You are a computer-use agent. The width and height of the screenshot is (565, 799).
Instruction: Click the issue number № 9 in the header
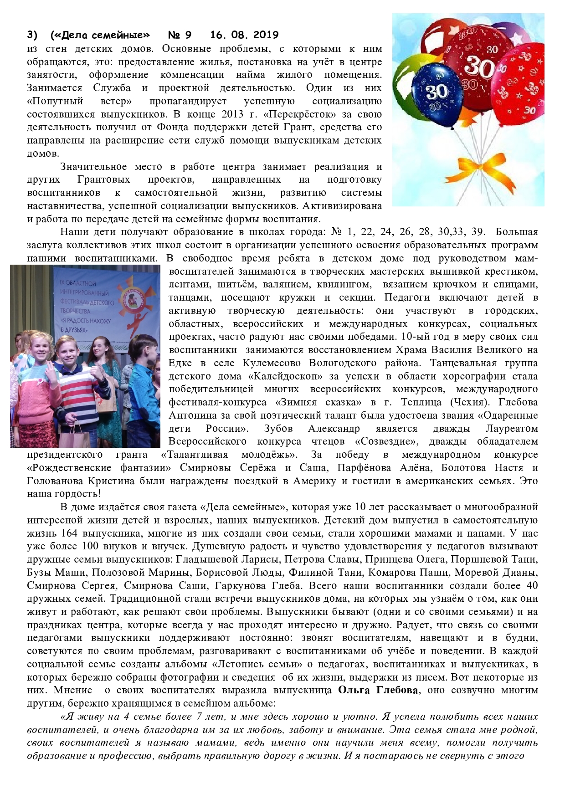point(180,35)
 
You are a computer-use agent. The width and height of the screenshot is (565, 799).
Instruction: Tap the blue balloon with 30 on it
point(437,91)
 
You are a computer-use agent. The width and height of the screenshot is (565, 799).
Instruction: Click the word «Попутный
point(55,101)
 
